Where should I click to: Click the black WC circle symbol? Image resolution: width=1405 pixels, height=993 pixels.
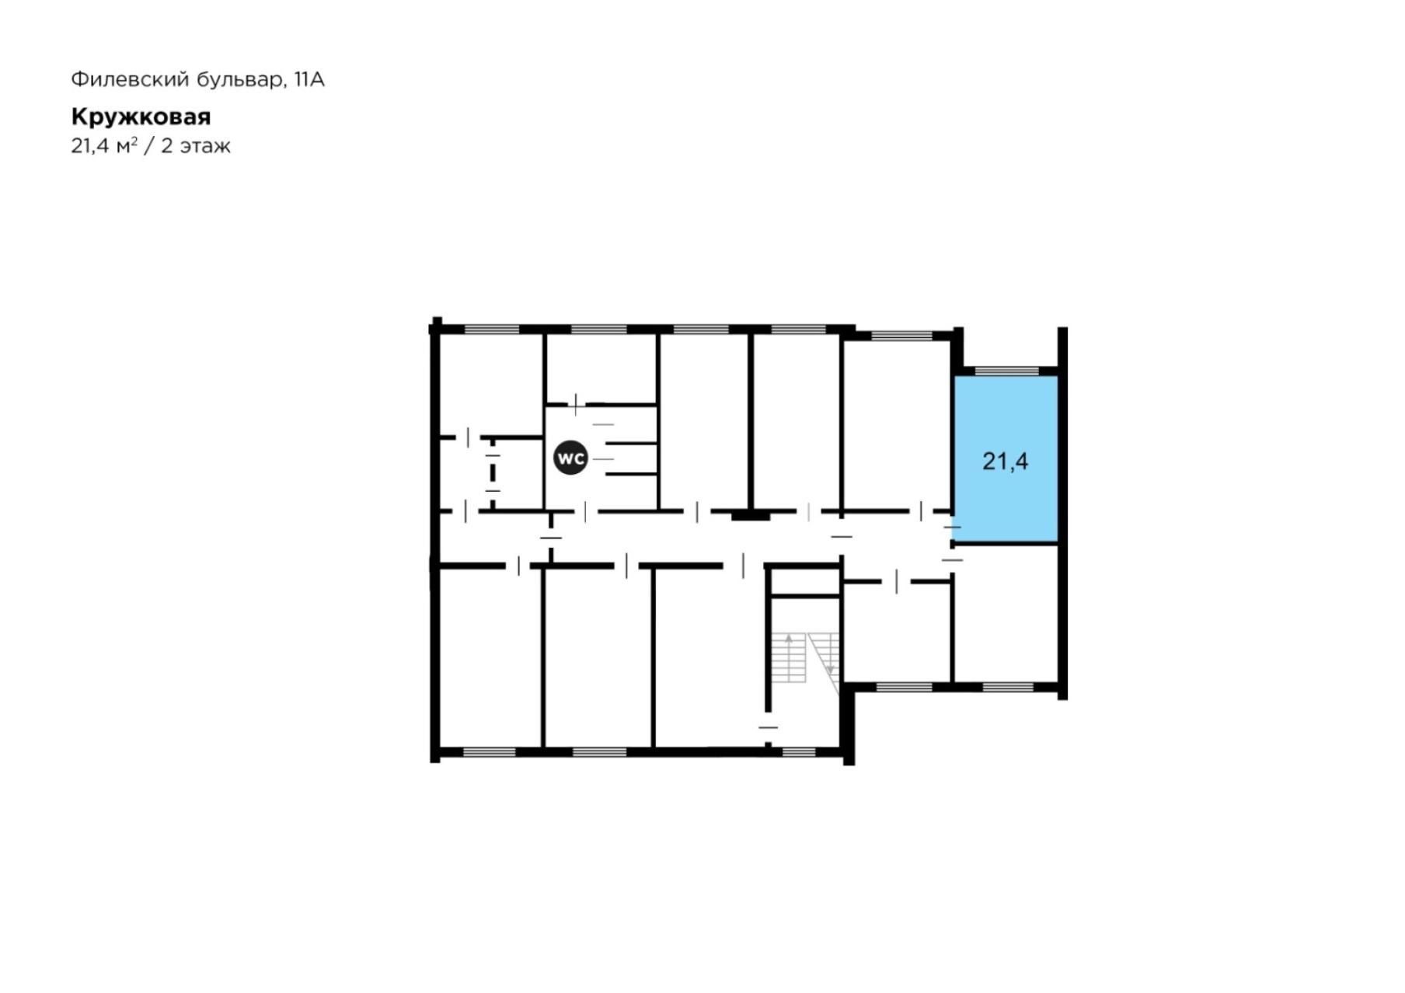(x=570, y=458)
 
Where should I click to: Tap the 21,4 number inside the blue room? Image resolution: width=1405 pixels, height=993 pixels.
(x=1005, y=462)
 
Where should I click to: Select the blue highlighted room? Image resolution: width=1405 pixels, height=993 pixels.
(x=1006, y=458)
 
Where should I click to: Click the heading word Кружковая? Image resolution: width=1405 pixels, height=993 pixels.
(x=141, y=117)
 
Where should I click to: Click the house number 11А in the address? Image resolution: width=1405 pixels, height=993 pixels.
(x=309, y=79)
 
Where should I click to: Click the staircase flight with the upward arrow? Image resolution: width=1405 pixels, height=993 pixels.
(x=789, y=657)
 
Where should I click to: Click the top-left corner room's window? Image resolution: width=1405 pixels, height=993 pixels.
(x=491, y=329)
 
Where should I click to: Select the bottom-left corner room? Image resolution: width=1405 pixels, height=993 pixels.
(x=490, y=658)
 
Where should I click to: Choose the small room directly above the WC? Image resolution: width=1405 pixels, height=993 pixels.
(x=601, y=368)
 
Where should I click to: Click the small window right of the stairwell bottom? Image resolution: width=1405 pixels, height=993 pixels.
(x=798, y=752)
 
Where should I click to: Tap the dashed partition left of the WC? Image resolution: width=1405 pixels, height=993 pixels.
(x=493, y=472)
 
